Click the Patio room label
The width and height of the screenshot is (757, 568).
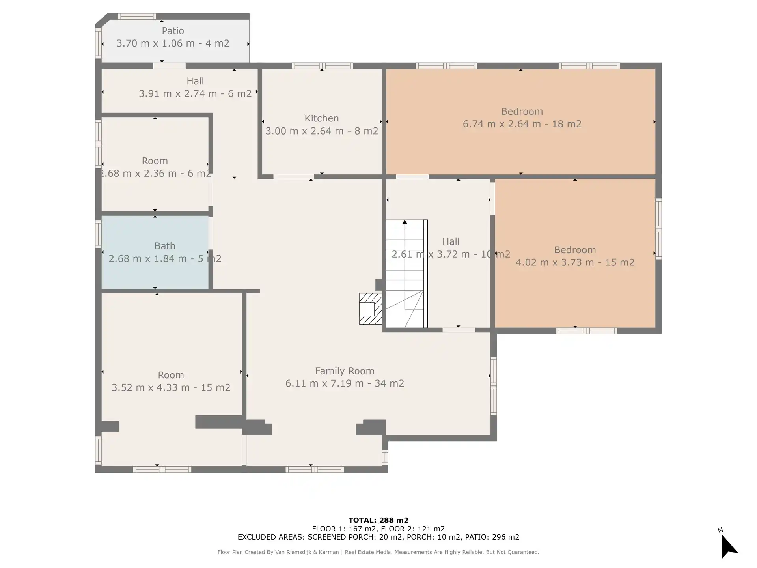click(x=173, y=31)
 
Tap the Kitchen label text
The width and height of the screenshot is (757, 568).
click(x=322, y=118)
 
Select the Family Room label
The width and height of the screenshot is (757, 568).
click(x=345, y=371)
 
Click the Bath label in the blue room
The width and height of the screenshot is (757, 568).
click(x=165, y=246)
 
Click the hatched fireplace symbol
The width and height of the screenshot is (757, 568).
click(x=370, y=309)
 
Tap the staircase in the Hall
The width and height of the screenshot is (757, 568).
click(x=406, y=274)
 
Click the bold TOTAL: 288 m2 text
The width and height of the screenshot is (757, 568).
click(x=378, y=520)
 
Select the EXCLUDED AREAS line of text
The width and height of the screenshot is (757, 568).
click(x=378, y=537)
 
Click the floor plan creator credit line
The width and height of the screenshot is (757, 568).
click(x=378, y=552)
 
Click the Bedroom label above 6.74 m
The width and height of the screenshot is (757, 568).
click(x=522, y=112)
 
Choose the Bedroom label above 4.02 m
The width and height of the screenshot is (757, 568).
click(x=575, y=250)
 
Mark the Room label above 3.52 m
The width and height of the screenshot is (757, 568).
click(x=171, y=375)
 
